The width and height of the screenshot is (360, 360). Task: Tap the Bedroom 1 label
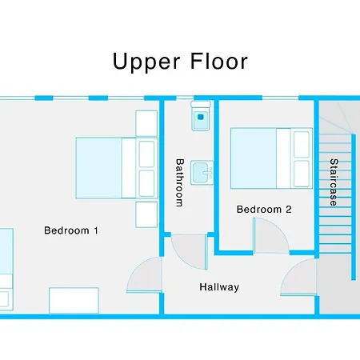(x=70, y=231)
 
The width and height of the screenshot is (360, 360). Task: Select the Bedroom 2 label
(x=264, y=210)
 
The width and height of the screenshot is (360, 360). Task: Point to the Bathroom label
(x=179, y=182)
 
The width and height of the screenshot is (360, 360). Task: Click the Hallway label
(x=219, y=286)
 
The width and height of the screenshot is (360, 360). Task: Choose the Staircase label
(x=332, y=182)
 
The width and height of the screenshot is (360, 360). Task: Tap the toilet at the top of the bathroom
(x=200, y=118)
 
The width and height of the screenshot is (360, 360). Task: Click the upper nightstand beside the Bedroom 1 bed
(x=146, y=122)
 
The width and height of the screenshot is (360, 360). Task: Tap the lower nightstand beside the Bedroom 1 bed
(x=146, y=214)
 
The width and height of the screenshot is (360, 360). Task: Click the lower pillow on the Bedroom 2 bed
(x=302, y=171)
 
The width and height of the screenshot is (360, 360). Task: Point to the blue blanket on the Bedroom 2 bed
(x=254, y=157)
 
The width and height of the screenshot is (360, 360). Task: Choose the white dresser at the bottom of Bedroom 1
(x=74, y=301)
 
